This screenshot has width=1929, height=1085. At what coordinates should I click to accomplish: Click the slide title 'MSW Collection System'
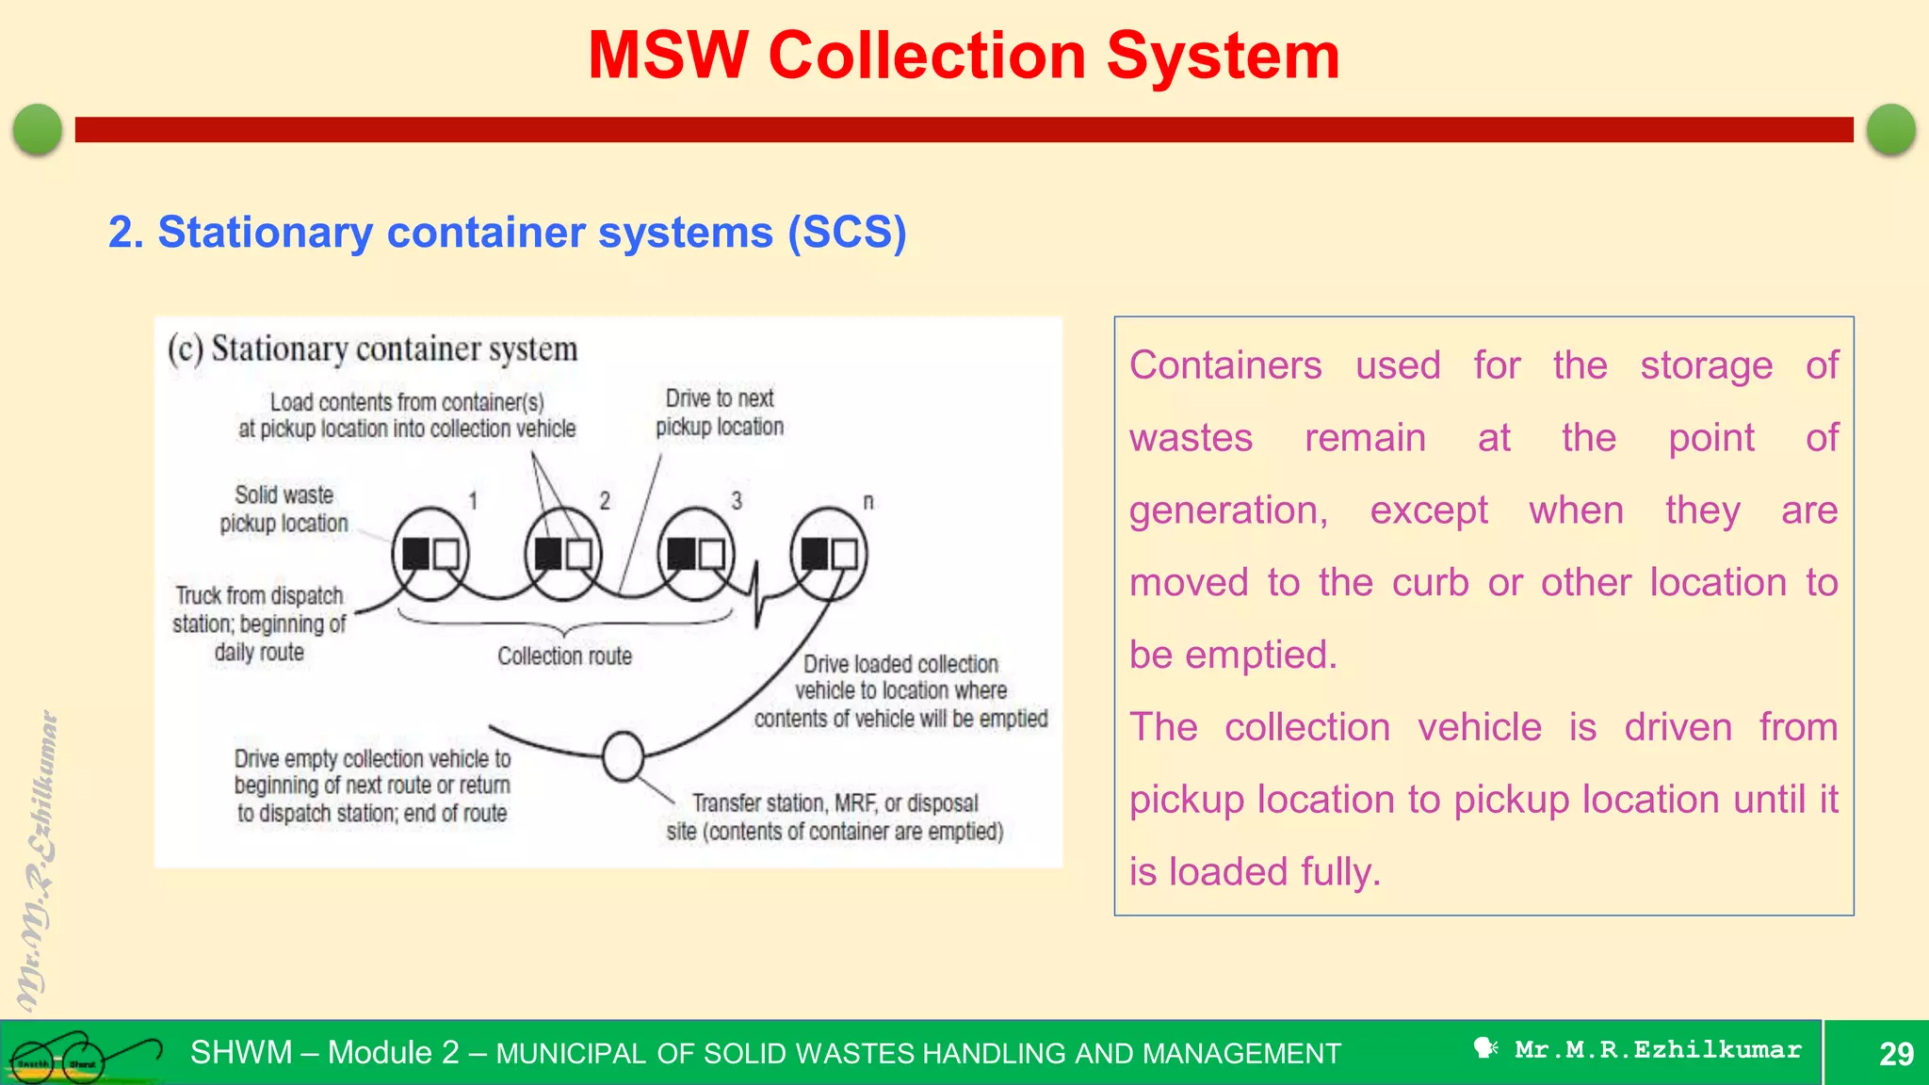coord(964,56)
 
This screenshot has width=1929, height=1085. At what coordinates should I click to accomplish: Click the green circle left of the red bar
coord(38,129)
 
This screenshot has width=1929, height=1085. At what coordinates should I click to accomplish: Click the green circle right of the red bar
coord(1890,129)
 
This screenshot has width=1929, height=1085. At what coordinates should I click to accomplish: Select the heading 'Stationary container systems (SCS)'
coord(508,232)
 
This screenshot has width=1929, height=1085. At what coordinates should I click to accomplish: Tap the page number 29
coord(1895,1053)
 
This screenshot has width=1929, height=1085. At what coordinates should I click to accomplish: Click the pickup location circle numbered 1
coord(430,554)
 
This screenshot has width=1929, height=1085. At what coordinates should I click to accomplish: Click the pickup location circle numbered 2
coord(563,554)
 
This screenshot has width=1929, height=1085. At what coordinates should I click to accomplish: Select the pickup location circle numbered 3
coord(696,554)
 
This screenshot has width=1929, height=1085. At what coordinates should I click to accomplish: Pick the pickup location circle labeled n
coord(829,554)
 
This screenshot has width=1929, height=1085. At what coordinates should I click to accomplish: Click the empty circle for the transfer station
coord(623,756)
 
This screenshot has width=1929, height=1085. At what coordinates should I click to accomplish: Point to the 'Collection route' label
coord(564,656)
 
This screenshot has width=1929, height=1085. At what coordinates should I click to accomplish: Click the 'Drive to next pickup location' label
coord(720,413)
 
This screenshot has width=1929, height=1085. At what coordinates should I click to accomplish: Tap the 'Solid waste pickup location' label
coord(284,509)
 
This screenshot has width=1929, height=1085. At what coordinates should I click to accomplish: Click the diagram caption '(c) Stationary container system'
coord(372,349)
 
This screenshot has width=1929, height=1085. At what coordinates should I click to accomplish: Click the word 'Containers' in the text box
coord(1225,365)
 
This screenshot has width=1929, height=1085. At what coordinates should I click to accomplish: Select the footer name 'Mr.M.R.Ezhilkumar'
coord(1658,1049)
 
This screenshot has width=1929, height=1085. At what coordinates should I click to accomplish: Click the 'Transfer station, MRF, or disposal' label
coord(835,803)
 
